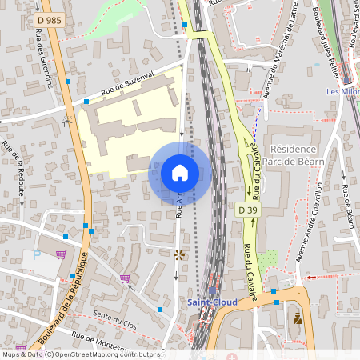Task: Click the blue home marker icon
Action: point(180,172)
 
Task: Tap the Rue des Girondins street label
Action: point(45,58)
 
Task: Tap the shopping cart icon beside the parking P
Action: point(61,255)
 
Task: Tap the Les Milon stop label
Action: point(342,91)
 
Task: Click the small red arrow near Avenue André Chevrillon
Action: point(311,276)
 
